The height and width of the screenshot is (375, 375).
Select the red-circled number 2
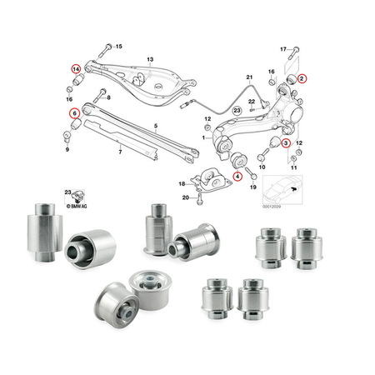click(302, 77)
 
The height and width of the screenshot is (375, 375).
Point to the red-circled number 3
click(286, 143)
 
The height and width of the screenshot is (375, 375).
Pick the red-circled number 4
click(237, 176)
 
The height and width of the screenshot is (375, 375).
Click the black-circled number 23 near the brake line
click(237, 109)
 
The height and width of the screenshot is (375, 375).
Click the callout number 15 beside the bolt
click(117, 46)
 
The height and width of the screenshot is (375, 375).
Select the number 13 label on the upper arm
click(150, 61)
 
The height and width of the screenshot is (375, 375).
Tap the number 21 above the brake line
click(247, 77)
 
